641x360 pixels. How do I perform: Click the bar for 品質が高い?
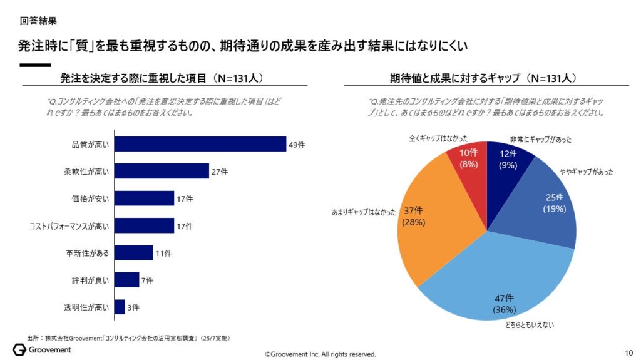coord(200,145)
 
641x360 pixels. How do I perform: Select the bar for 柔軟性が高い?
coord(162,172)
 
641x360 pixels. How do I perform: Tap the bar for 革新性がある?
coord(134,252)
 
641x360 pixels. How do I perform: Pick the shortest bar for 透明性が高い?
coord(120,307)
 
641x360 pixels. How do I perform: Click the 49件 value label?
coord(297,145)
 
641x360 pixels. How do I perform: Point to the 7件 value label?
coord(147,280)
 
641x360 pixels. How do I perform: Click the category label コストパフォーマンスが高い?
coord(69,226)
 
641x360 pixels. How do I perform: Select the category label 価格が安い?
coord(91,199)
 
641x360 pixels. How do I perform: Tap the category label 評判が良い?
coord(91,280)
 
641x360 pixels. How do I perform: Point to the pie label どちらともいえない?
coord(530,325)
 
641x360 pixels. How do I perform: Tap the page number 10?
coord(628,351)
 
